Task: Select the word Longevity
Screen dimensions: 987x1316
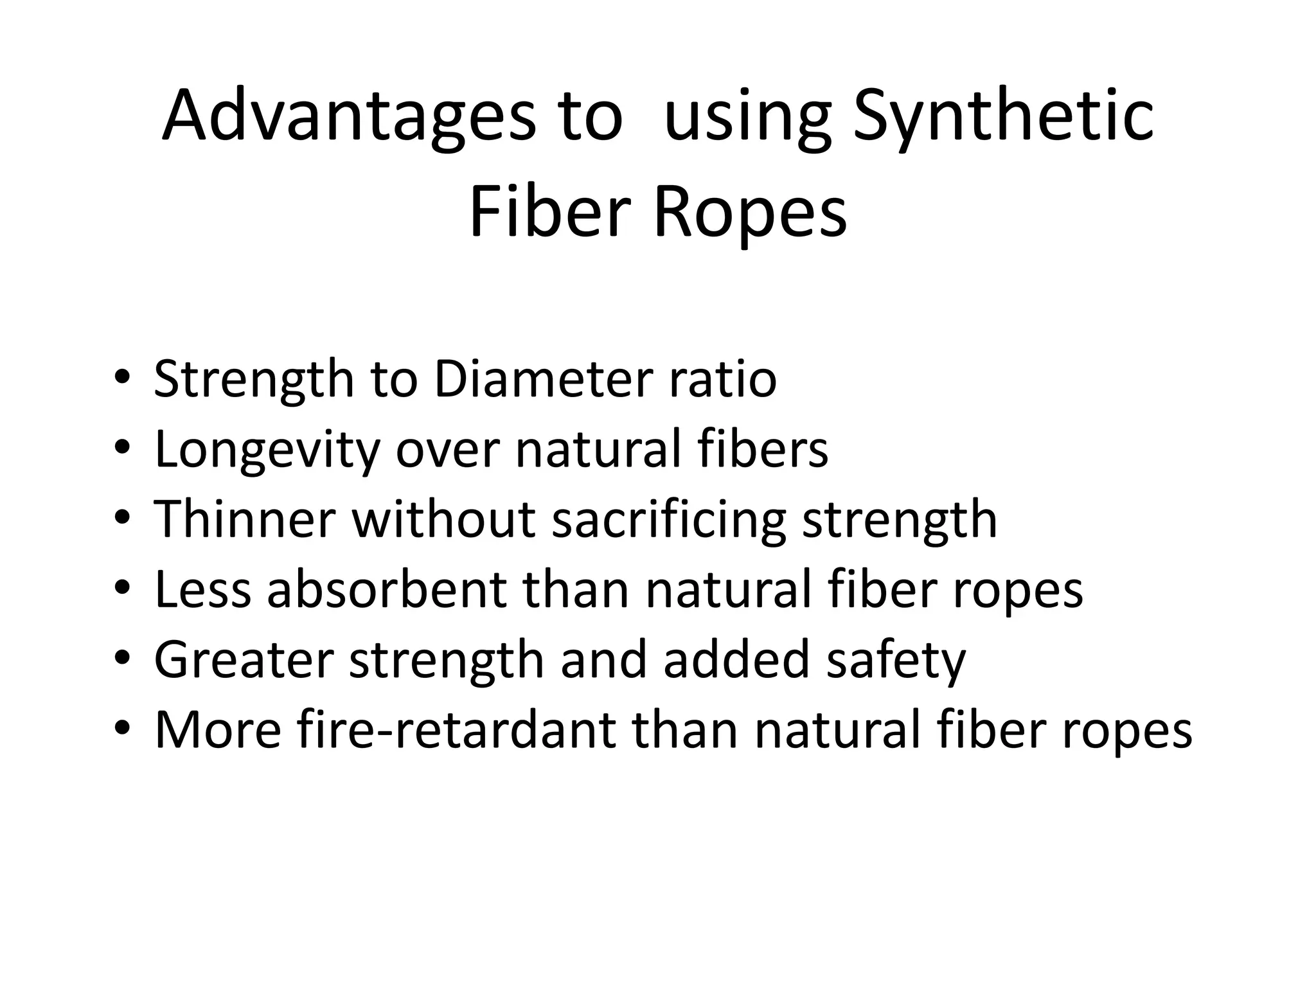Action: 267,450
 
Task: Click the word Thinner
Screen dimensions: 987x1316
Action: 245,519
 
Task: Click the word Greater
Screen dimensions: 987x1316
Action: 244,660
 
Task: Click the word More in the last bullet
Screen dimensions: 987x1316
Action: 218,730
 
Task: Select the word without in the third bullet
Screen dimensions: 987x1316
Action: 444,519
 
